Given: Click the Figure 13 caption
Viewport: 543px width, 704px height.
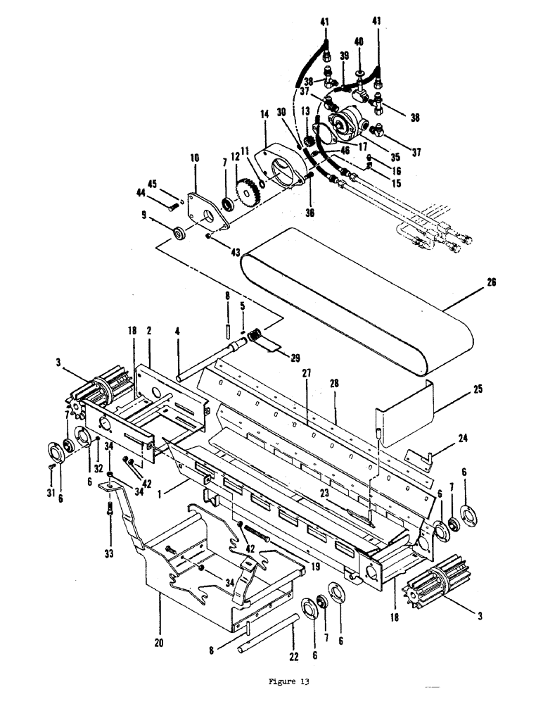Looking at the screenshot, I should (x=289, y=681).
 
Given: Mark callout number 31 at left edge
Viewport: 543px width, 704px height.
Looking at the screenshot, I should (x=50, y=491).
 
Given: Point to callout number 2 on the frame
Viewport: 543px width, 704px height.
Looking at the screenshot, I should (x=149, y=329).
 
